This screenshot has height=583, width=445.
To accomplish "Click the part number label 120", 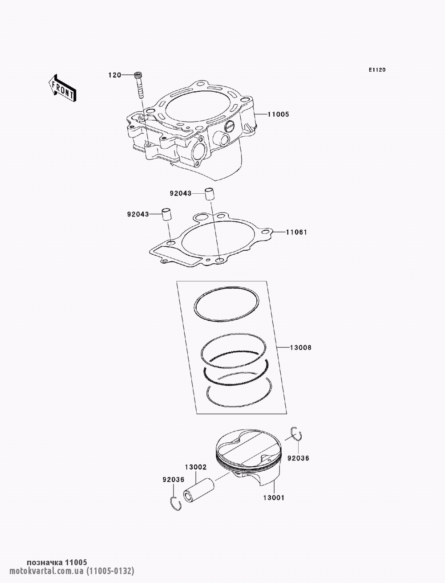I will pyautogui.click(x=115, y=75).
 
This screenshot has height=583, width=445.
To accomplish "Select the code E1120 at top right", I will pyautogui.click(x=377, y=70).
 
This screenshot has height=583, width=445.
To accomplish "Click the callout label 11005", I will pyautogui.click(x=278, y=114).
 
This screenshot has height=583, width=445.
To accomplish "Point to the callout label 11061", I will pyautogui.click(x=296, y=232).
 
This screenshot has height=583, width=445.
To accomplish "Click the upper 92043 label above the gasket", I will pyautogui.click(x=180, y=193).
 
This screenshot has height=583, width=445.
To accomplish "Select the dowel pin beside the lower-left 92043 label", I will pyautogui.click(x=167, y=214).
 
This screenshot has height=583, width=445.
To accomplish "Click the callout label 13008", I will pyautogui.click(x=300, y=347).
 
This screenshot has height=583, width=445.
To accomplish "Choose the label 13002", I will pyautogui.click(x=196, y=467).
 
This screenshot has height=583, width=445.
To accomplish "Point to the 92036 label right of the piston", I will pyautogui.click(x=298, y=458).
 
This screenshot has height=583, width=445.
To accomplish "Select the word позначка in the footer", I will pyautogui.click(x=44, y=563).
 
